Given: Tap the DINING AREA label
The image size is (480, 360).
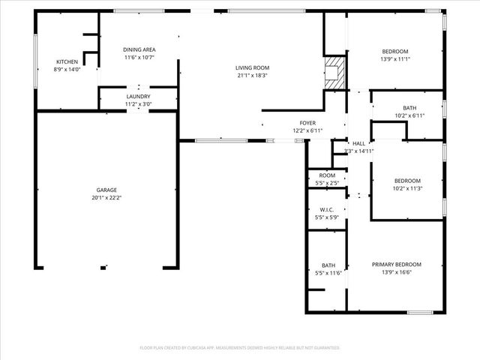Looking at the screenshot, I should [139, 49].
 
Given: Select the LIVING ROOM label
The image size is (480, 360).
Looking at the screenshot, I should [251, 67].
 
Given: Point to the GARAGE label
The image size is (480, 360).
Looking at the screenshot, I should [106, 190].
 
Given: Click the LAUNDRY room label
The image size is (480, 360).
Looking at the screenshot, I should [138, 96].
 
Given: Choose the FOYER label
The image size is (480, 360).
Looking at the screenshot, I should [308, 123].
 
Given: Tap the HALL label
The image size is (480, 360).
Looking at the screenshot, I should [358, 143].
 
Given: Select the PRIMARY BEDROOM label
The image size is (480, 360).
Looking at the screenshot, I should [397, 264].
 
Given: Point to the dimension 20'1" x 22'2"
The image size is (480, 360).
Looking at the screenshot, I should [106, 197].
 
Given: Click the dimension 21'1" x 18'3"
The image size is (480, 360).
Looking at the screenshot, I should [251, 75].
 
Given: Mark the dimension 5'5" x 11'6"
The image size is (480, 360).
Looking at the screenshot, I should [328, 272].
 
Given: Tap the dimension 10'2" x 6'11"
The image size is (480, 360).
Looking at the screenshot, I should [409, 115].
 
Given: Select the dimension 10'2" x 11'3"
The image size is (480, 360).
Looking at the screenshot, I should [407, 188].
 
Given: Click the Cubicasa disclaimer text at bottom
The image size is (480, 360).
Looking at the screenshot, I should [240, 348].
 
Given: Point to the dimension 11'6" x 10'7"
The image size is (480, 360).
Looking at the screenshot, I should [139, 57].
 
